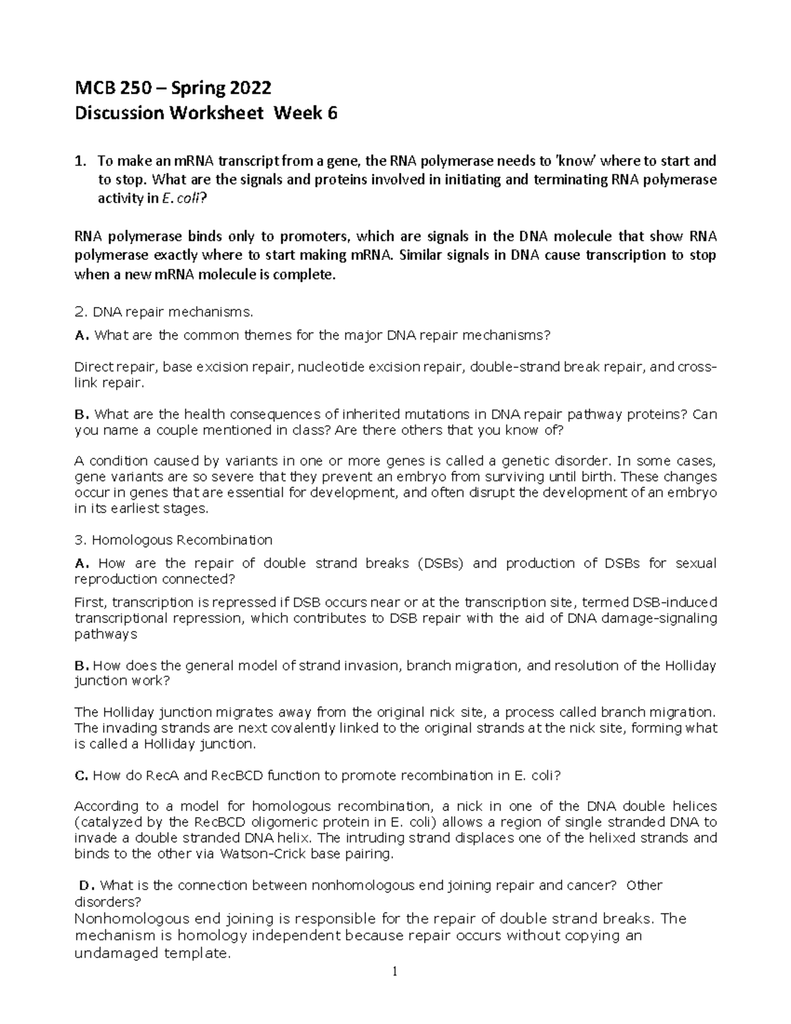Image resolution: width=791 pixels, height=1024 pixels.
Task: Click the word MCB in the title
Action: tap(94, 88)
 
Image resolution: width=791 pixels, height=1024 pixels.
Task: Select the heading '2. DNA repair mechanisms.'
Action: tap(163, 312)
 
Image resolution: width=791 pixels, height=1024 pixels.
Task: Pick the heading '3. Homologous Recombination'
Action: tap(173, 540)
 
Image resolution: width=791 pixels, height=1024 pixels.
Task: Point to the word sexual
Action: tap(695, 563)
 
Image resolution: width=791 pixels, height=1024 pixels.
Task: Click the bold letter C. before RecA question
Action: tap(81, 775)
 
